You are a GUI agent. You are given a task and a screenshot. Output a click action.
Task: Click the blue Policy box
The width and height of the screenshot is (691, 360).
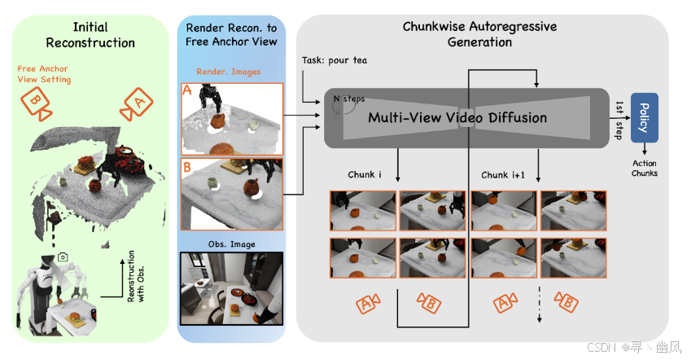pos(645,117)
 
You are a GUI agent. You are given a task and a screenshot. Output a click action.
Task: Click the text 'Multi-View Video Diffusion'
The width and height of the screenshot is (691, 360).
pos(457,117)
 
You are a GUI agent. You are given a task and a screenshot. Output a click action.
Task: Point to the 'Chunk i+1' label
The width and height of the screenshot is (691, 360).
pos(506,175)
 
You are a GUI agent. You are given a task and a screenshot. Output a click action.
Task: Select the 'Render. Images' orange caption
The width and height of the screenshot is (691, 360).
pos(231,72)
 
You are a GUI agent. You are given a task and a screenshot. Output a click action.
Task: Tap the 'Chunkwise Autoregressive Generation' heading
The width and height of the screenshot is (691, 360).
pos(480,34)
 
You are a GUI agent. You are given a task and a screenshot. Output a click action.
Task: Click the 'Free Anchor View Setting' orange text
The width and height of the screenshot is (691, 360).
pos(45,74)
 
